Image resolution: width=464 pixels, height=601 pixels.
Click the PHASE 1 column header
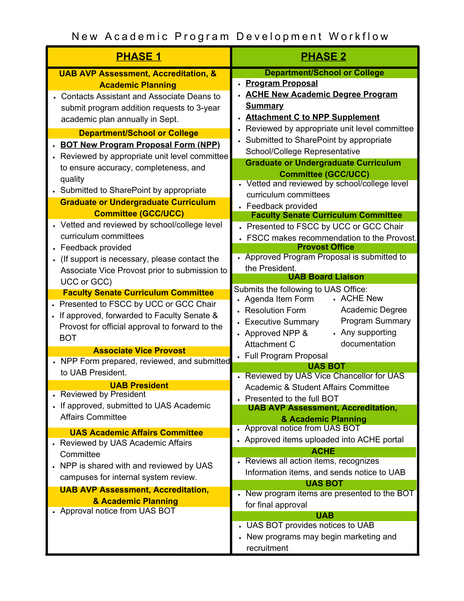[x=138, y=56]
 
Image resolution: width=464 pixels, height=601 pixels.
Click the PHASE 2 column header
[x=323, y=56]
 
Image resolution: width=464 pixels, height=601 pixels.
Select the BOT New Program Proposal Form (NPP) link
[x=140, y=145]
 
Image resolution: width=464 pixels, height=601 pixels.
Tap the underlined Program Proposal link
[x=281, y=83]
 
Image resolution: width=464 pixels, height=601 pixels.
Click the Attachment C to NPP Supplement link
[x=312, y=117]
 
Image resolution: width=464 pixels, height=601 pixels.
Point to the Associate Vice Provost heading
[x=139, y=351]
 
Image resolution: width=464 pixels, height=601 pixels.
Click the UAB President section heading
[x=139, y=386]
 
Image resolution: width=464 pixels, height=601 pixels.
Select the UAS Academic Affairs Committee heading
[x=136, y=433]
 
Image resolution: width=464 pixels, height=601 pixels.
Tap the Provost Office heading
[x=326, y=247]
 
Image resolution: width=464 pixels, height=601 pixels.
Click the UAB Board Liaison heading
[x=326, y=277]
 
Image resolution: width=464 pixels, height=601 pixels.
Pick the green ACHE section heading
[x=323, y=451]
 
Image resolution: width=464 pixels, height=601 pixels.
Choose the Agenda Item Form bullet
[x=279, y=299]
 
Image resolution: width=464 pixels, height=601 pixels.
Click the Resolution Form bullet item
[x=275, y=310]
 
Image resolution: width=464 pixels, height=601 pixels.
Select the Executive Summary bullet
[x=282, y=322]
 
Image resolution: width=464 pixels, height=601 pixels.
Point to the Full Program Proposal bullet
[x=286, y=356]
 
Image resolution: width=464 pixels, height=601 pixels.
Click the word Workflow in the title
[x=359, y=37]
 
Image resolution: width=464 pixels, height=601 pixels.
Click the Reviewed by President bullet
[x=103, y=394]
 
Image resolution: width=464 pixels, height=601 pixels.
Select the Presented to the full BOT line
[x=292, y=399]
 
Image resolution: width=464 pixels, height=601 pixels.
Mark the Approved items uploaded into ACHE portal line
[x=324, y=440]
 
